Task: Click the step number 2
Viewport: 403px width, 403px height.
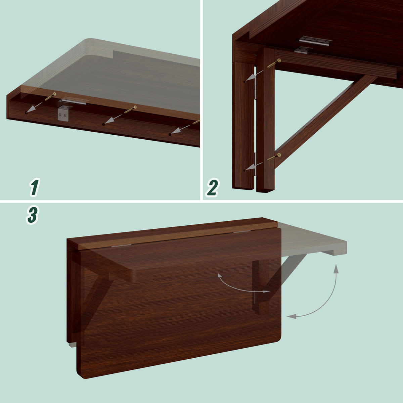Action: click(x=212, y=188)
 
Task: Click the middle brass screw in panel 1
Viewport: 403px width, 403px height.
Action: click(x=130, y=109)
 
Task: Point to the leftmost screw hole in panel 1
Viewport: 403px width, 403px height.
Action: click(x=27, y=113)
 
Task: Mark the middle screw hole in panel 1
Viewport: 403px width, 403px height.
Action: click(x=104, y=125)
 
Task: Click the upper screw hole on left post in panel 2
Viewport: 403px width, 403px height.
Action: click(x=244, y=81)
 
